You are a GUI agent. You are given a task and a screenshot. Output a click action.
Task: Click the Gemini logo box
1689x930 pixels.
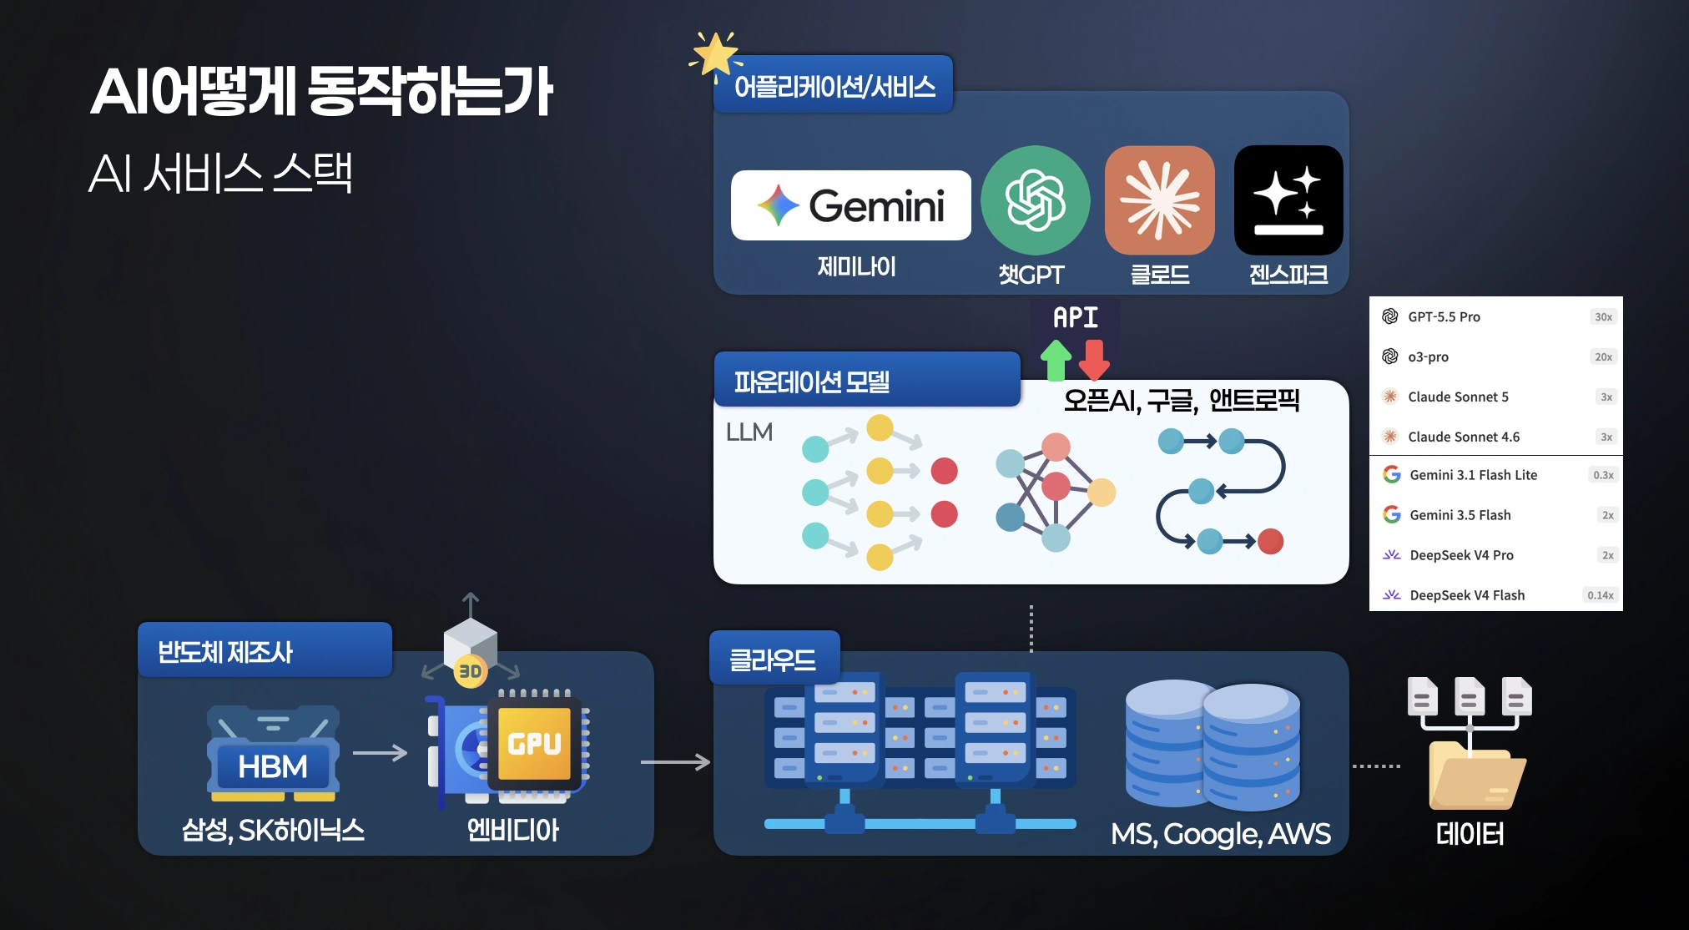[x=850, y=205]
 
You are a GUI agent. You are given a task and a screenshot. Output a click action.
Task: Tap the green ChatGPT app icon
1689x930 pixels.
[x=1035, y=200]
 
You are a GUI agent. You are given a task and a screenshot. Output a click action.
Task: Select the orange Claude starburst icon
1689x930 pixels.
[x=1159, y=200]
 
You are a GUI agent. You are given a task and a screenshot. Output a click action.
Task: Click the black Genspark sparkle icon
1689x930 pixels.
[x=1288, y=200]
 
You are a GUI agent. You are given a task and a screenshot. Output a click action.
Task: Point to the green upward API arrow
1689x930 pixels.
[x=1056, y=360]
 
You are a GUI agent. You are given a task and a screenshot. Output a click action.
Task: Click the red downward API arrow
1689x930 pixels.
[x=1094, y=360]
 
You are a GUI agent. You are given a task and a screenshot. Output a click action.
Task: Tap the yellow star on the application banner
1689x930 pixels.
[x=715, y=55]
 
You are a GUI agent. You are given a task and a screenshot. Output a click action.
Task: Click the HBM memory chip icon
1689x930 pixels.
[x=273, y=752]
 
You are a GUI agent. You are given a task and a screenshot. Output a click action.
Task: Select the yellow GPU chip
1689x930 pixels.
[x=534, y=742]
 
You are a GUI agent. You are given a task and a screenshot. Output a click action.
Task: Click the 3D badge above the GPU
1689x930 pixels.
[x=470, y=671]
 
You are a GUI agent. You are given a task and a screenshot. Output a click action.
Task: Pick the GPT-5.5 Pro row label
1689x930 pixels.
[x=1444, y=317]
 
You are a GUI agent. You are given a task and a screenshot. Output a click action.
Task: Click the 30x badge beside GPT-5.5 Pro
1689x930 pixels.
[x=1603, y=317]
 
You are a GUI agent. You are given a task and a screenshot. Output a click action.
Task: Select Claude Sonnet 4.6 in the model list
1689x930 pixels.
[x=1464, y=437]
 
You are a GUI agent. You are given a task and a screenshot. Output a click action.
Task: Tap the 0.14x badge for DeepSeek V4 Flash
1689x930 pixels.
[x=1600, y=595]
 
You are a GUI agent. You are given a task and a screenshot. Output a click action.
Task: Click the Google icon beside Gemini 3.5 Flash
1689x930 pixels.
[x=1391, y=514]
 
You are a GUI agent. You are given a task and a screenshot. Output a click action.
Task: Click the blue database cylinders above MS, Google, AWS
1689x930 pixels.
[x=1212, y=745]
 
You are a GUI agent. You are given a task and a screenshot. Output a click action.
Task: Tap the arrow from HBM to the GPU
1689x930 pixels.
[x=380, y=753]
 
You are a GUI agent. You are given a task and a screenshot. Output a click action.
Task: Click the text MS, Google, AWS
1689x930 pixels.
[x=1221, y=834]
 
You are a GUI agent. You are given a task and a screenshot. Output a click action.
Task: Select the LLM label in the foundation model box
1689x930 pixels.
[x=749, y=432]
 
